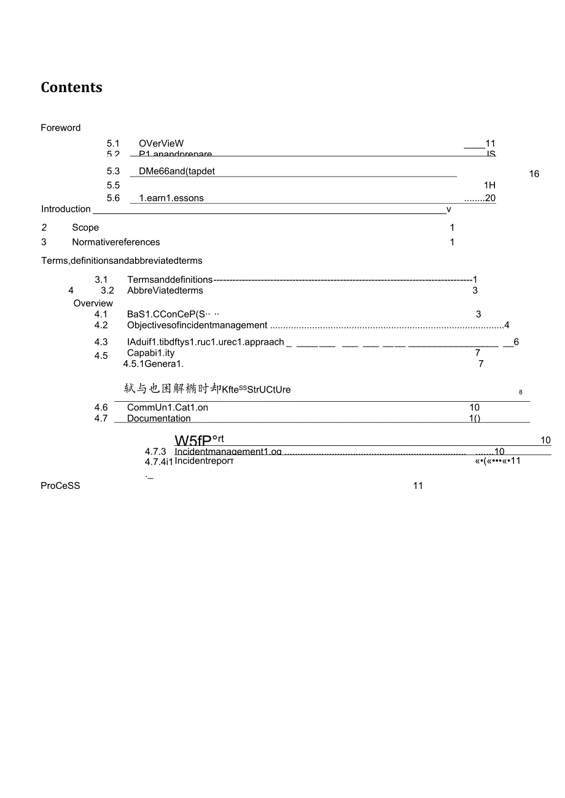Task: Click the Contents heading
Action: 71,88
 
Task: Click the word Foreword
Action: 61,128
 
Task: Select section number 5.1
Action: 113,144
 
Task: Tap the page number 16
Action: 534,174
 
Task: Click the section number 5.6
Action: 113,198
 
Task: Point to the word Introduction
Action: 66,209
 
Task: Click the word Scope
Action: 85,228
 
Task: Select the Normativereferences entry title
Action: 116,242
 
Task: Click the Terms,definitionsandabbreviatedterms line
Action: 122,261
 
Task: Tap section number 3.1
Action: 101,280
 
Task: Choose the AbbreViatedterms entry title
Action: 165,291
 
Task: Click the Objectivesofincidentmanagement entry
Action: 197,325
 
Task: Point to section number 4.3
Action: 101,342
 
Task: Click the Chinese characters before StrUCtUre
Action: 173,389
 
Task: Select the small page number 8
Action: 520,392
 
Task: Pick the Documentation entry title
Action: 159,418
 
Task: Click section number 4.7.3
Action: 156,452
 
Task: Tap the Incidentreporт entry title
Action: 204,461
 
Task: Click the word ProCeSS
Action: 61,486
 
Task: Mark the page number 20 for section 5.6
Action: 489,198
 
